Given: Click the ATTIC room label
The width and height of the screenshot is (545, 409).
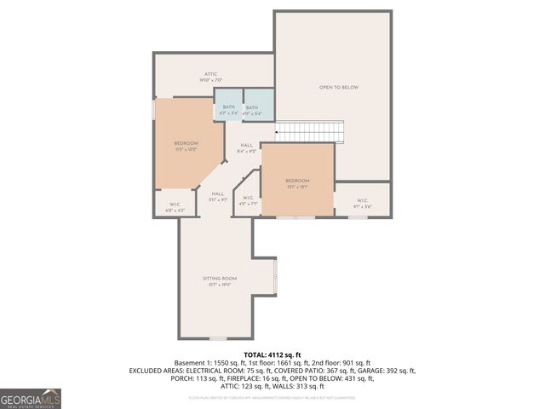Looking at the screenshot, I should coord(210,75).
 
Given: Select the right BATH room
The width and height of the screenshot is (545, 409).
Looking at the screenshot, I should coord(252,108).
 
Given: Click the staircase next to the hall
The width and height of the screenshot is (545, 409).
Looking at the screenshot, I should coord(311,132).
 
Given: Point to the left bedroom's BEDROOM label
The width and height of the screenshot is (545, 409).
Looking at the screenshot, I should coord(186,143).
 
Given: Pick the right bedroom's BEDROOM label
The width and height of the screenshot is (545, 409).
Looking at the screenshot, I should coord(297,181).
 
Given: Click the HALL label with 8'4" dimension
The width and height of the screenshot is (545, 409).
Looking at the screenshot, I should coord(247,146).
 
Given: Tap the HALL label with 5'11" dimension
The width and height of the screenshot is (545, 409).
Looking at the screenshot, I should coord(218,194).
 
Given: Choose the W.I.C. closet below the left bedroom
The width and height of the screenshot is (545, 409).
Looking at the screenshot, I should coord(175,204).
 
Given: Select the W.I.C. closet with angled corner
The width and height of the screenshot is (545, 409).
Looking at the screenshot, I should coord(247,201).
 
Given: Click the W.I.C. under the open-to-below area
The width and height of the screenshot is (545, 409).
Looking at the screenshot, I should coord(362,202).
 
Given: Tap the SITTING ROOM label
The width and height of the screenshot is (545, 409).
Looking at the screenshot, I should coord(220,279).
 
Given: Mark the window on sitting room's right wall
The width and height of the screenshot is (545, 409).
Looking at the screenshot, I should coord(276,277).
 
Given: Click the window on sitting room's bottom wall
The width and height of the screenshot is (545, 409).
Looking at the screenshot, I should coord(218,338).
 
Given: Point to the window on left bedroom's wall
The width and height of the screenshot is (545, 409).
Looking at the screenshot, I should coord(154,110).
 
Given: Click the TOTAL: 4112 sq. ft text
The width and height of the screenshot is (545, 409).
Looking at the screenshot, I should coord(272,354).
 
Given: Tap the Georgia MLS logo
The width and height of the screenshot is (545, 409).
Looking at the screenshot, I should coord(31,399).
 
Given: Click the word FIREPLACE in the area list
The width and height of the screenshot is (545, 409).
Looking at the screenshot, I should coord(235,379).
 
